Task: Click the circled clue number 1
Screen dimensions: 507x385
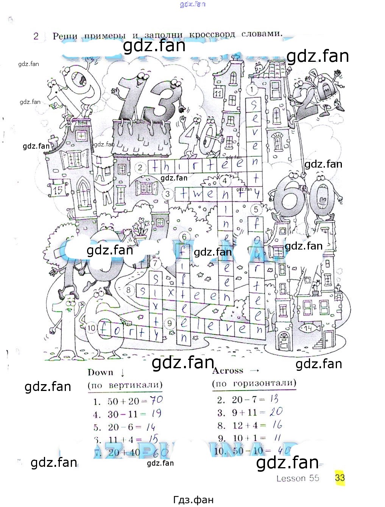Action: pyautogui.click(x=252, y=89)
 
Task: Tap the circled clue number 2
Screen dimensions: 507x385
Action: pyautogui.click(x=140, y=167)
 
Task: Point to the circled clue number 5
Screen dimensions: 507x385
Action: pyautogui.click(x=256, y=209)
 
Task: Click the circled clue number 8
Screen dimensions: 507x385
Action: pyautogui.click(x=129, y=290)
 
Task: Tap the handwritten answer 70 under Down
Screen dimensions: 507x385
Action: pyautogui.click(x=156, y=400)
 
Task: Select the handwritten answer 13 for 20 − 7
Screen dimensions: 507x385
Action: pyautogui.click(x=274, y=399)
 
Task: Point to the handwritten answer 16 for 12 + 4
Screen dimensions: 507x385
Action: pyautogui.click(x=277, y=425)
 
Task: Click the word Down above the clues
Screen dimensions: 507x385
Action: pyautogui.click(x=100, y=372)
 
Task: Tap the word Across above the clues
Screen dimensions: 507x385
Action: pyautogui.click(x=228, y=370)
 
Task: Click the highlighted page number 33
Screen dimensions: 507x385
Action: pyautogui.click(x=340, y=477)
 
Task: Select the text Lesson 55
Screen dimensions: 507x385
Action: pyautogui.click(x=298, y=478)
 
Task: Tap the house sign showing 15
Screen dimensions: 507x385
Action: pyautogui.click(x=58, y=190)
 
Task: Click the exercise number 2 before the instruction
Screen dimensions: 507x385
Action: pyautogui.click(x=36, y=36)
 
